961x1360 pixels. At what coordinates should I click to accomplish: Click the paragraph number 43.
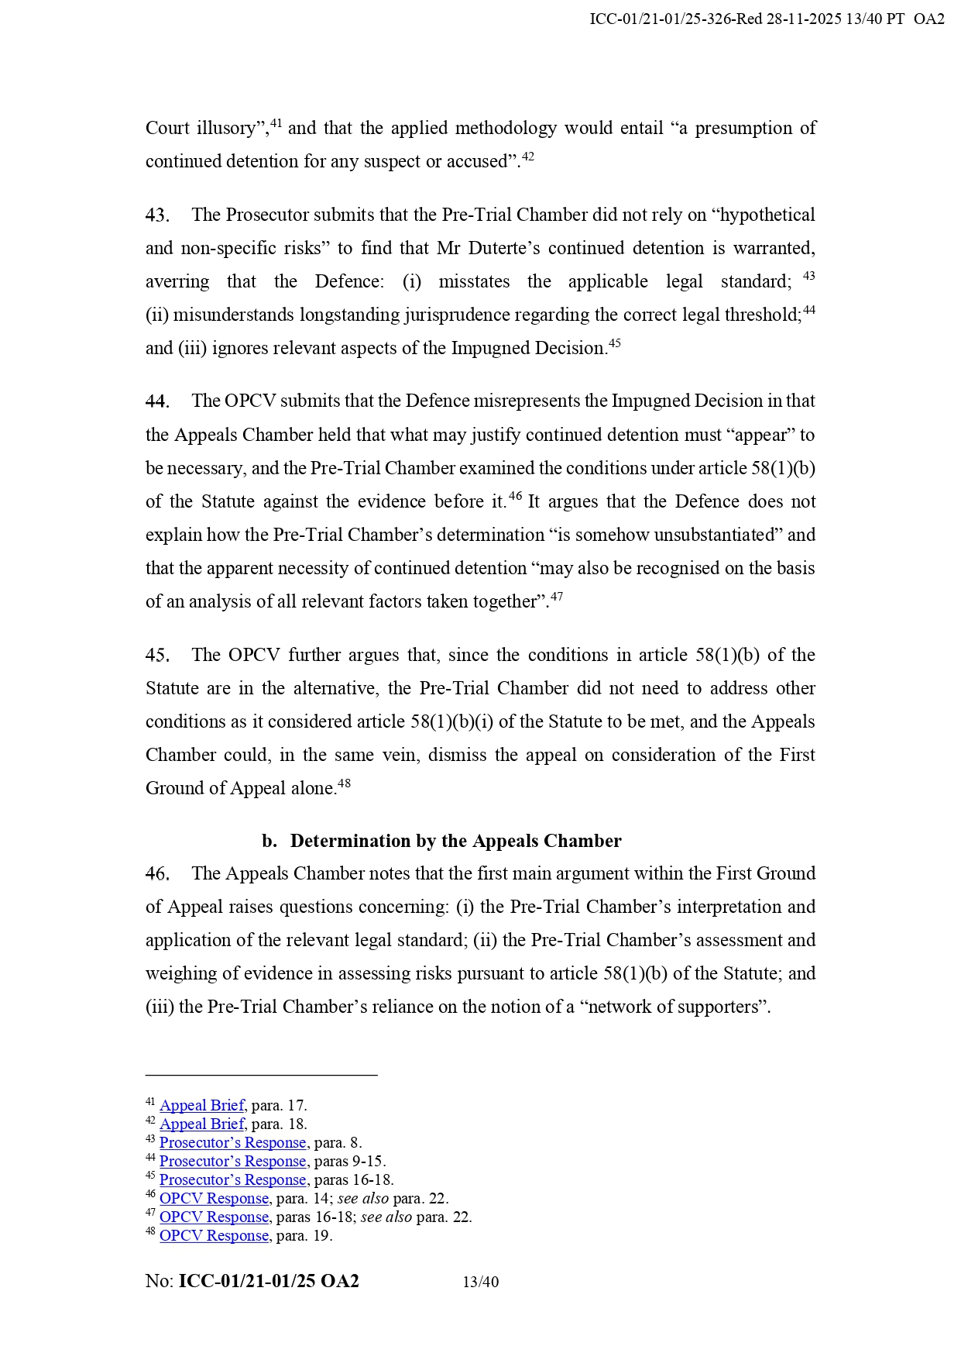pyautogui.click(x=157, y=215)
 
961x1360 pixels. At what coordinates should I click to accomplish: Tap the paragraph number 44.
pyautogui.click(x=157, y=401)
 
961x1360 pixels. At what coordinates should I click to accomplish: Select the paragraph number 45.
pyautogui.click(x=157, y=656)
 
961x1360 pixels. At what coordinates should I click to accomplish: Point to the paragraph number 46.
pyautogui.click(x=157, y=874)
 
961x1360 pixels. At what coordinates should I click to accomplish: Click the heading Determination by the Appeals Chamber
pyautogui.click(x=455, y=842)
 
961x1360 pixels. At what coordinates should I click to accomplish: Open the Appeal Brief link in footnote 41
pyautogui.click(x=202, y=1106)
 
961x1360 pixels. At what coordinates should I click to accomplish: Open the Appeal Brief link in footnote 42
pyautogui.click(x=202, y=1124)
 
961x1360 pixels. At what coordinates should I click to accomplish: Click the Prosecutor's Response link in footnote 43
pyautogui.click(x=232, y=1143)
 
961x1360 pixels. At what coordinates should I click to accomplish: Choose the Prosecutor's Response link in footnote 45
pyautogui.click(x=232, y=1180)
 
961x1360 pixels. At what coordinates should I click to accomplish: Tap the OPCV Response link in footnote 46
pyautogui.click(x=214, y=1199)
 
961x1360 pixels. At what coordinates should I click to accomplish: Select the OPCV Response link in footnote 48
pyautogui.click(x=214, y=1236)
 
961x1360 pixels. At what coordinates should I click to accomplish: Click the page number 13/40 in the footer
pyautogui.click(x=480, y=1283)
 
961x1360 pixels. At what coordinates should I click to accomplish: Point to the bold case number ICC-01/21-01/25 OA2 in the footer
pyautogui.click(x=269, y=1282)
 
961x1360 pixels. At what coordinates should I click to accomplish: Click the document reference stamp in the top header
pyautogui.click(x=767, y=19)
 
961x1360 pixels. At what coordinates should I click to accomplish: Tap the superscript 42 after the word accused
pyautogui.click(x=528, y=157)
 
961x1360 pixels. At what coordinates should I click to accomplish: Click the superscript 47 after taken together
pyautogui.click(x=557, y=597)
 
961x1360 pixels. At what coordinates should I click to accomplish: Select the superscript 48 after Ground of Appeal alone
pyautogui.click(x=345, y=783)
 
